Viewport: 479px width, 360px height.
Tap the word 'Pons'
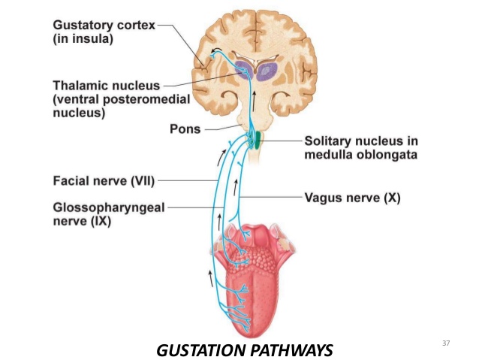(x=185, y=129)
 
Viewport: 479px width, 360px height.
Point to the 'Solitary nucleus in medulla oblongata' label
(x=361, y=148)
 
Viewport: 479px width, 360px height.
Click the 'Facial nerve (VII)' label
(x=103, y=181)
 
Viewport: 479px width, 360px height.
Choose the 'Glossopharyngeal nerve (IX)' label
(x=108, y=213)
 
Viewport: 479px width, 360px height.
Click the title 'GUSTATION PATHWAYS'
(x=244, y=349)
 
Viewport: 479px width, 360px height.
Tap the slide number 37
(x=446, y=343)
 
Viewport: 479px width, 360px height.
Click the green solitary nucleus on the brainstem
(x=257, y=138)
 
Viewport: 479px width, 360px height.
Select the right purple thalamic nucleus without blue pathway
(x=267, y=72)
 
